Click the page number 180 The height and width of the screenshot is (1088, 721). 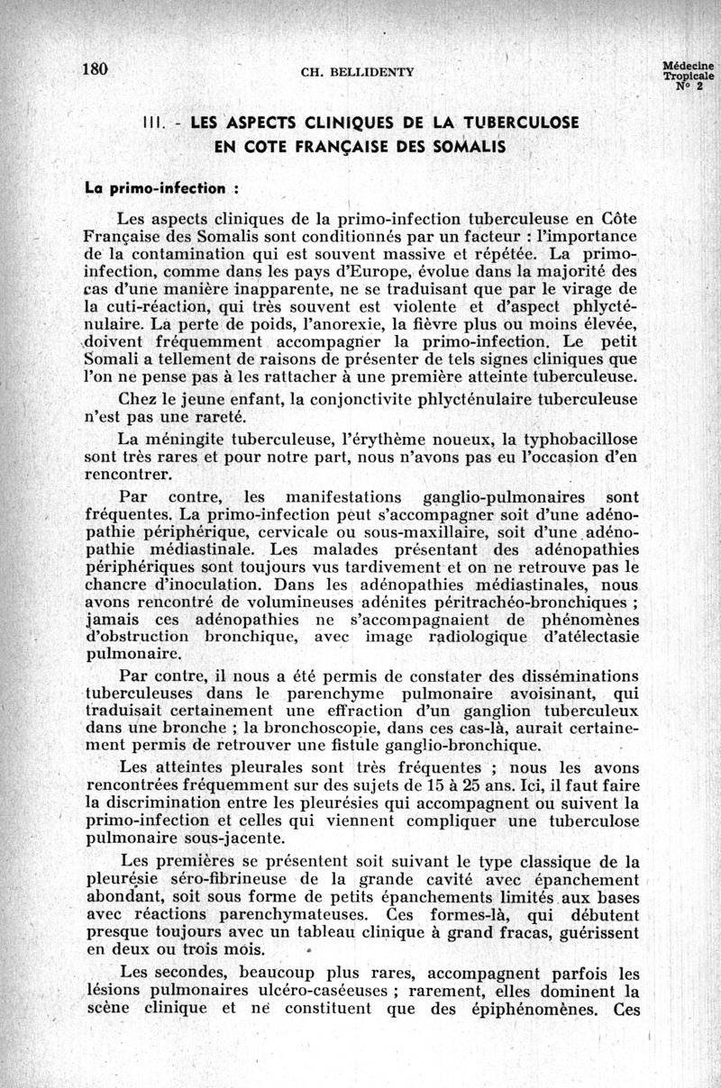point(95,70)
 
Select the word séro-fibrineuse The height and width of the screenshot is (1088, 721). point(247,878)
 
